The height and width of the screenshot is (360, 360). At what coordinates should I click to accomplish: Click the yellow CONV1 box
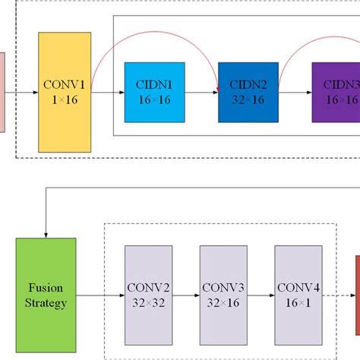point(65,92)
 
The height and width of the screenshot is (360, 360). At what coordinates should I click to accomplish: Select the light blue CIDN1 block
point(155,92)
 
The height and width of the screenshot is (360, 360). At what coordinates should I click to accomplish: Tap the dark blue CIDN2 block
point(247,92)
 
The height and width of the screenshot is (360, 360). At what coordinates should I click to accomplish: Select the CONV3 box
point(224,295)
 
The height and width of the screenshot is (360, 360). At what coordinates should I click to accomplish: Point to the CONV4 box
point(298,295)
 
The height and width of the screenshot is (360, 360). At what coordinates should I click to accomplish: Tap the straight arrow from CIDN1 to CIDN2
point(201,93)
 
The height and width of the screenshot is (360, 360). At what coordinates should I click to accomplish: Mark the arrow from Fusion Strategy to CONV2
point(98,295)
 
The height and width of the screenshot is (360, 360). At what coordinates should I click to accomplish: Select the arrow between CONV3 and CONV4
point(262,295)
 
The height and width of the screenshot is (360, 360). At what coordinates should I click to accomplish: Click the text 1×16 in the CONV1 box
point(65,99)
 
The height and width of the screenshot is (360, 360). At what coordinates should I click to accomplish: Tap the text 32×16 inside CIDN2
point(247,99)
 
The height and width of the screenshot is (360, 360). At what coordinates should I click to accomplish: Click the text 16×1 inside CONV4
point(298,302)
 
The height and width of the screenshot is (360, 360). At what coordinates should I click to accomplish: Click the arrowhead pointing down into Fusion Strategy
point(47,233)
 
